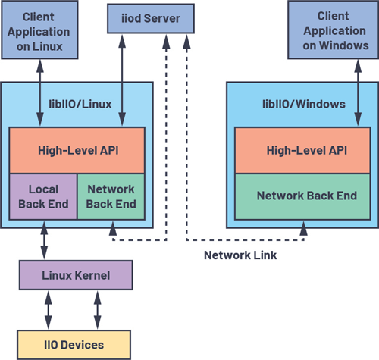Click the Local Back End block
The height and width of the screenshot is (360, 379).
pos(42,196)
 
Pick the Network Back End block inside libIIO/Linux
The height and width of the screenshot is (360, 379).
pos(111,196)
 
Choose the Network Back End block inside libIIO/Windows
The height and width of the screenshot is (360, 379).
pos(306,196)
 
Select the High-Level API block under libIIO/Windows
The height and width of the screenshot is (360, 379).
pos(306,149)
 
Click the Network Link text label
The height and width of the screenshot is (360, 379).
pos(240,255)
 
